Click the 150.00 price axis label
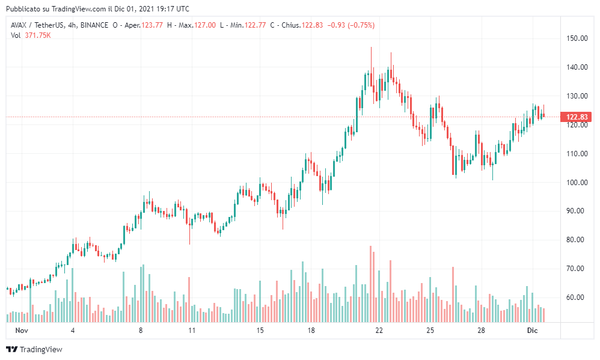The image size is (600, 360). point(575,38)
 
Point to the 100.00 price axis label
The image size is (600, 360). point(575,182)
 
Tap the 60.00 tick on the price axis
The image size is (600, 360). point(575,297)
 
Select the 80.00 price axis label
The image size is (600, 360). point(575,240)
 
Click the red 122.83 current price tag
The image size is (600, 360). point(576,117)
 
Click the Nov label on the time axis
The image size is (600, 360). point(22,331)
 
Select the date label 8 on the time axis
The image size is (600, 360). point(141,331)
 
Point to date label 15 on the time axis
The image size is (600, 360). point(260,331)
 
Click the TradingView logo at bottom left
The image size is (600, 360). point(34,349)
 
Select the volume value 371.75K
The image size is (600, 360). point(37,35)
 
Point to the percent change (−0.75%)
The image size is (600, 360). point(361,25)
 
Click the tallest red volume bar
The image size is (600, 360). point(371,282)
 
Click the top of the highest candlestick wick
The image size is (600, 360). point(371,47)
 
